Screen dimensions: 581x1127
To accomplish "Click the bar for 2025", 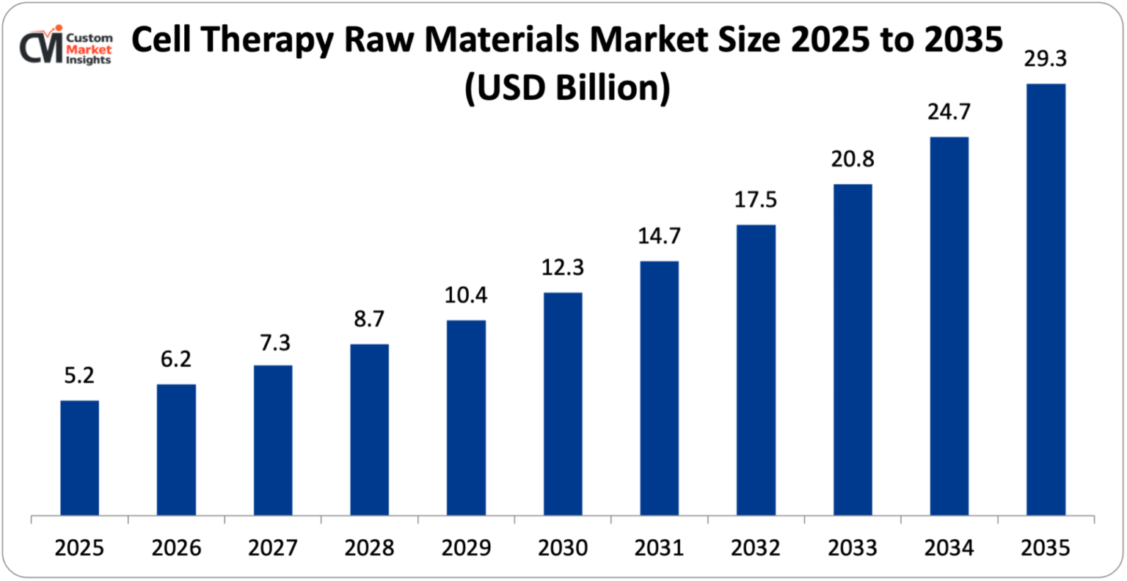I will [79, 458].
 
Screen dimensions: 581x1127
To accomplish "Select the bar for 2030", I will [563, 403].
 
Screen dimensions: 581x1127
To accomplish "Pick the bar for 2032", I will [756, 370].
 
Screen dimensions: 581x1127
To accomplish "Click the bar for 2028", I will [369, 429].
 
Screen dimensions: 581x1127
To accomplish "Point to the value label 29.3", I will [1046, 59].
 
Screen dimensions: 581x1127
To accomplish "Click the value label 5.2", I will [79, 376].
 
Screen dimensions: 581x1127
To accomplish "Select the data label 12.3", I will [563, 268].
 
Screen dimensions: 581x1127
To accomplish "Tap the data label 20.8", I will [853, 159].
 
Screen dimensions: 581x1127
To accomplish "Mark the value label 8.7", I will [369, 319].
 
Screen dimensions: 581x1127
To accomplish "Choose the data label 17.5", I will [756, 200].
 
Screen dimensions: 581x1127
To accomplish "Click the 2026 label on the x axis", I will [176, 548].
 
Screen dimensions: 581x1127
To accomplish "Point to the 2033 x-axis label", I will [853, 548].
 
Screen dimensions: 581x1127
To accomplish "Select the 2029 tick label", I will [466, 548].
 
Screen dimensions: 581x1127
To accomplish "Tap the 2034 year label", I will [949, 548].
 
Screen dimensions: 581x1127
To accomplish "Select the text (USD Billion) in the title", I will [566, 88].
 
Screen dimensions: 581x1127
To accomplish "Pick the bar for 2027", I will [273, 440].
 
